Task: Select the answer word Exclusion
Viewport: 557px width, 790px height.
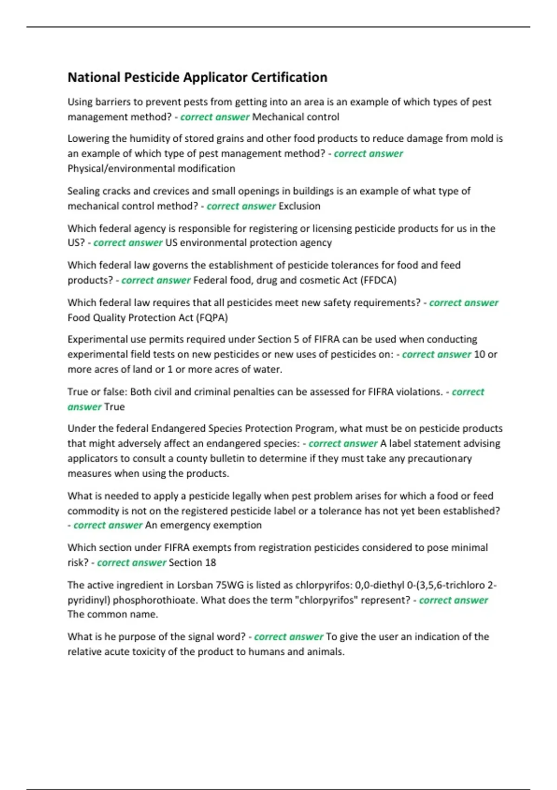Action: tap(299, 206)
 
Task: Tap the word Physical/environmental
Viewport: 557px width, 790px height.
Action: tap(118, 169)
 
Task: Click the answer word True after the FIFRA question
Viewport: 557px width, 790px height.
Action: tap(115, 407)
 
